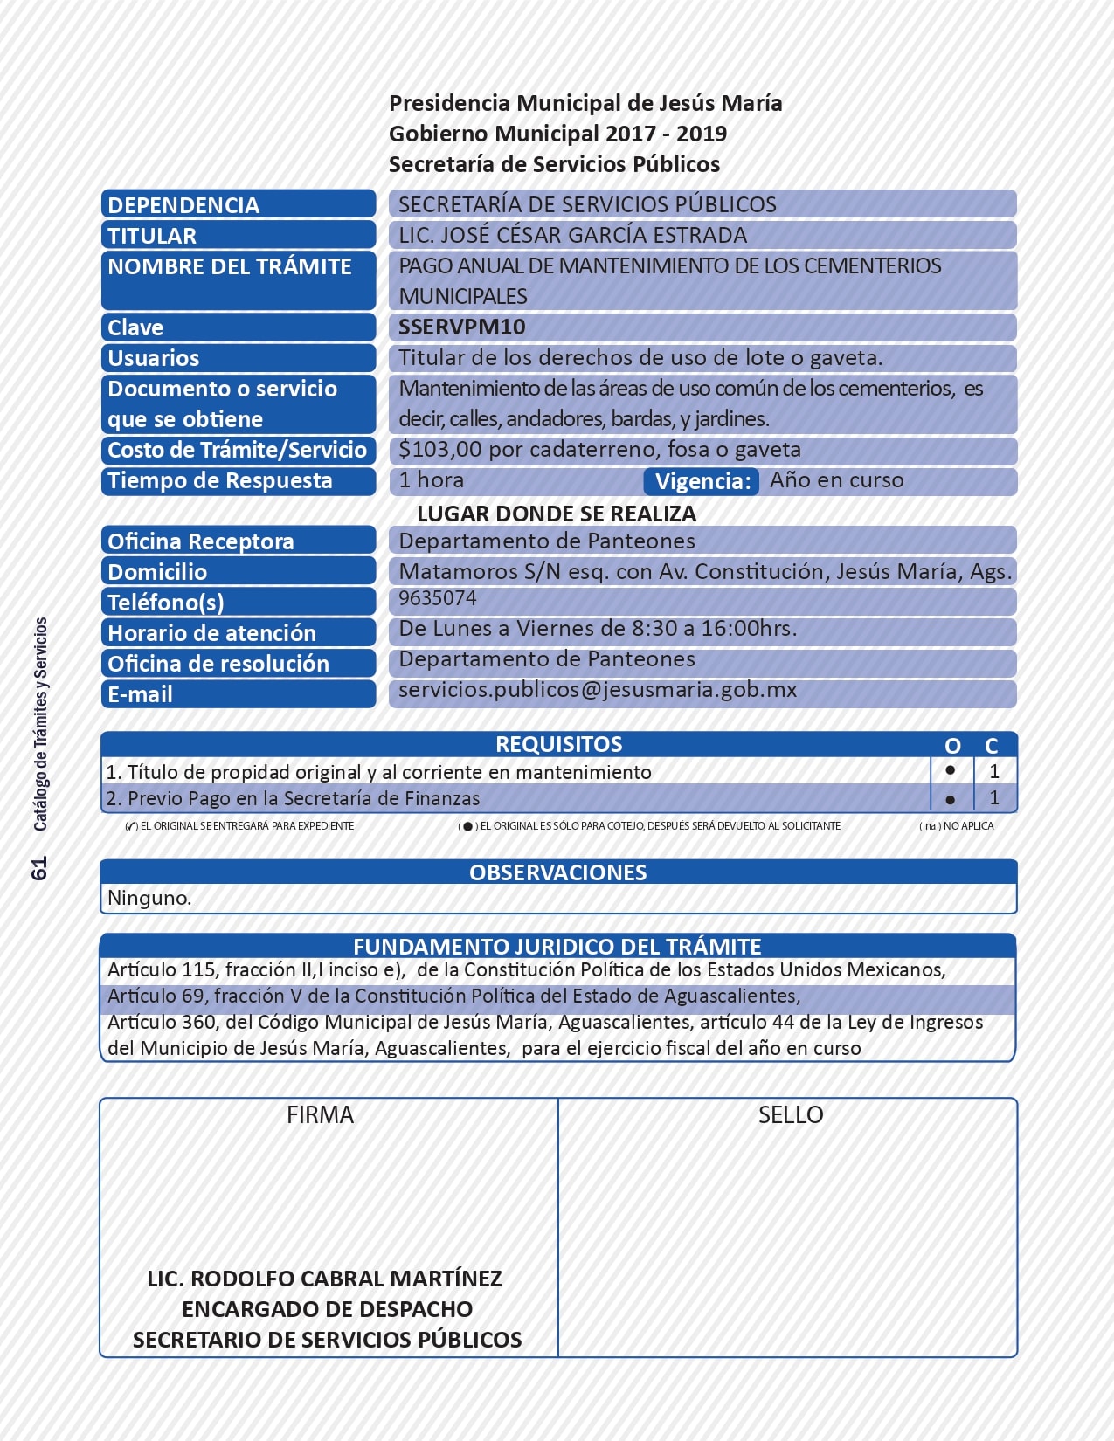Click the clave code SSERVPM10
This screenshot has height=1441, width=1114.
coord(461,327)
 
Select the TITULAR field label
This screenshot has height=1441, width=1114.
coord(152,236)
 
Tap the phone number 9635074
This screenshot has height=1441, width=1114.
coord(438,598)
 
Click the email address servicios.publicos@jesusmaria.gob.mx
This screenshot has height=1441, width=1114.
coord(598,690)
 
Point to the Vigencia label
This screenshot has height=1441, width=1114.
coord(702,481)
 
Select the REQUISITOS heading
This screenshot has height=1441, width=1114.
coord(558,744)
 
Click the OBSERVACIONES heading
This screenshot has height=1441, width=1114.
coord(557,872)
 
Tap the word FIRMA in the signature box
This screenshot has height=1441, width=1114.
coord(320,1115)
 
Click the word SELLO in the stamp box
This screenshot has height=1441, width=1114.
coord(791,1115)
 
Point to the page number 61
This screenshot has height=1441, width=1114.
coord(39,868)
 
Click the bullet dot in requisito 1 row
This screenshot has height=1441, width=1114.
coord(951,770)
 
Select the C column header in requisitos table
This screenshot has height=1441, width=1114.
coord(992,746)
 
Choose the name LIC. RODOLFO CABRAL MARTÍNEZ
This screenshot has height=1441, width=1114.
coord(324,1279)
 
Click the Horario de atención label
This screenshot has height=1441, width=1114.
coord(211,633)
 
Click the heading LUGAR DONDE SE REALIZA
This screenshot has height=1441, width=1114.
coord(557,514)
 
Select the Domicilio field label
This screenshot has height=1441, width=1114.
coord(157,572)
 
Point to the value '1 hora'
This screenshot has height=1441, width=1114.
coord(432,480)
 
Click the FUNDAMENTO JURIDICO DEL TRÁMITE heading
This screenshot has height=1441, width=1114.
coord(557,947)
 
